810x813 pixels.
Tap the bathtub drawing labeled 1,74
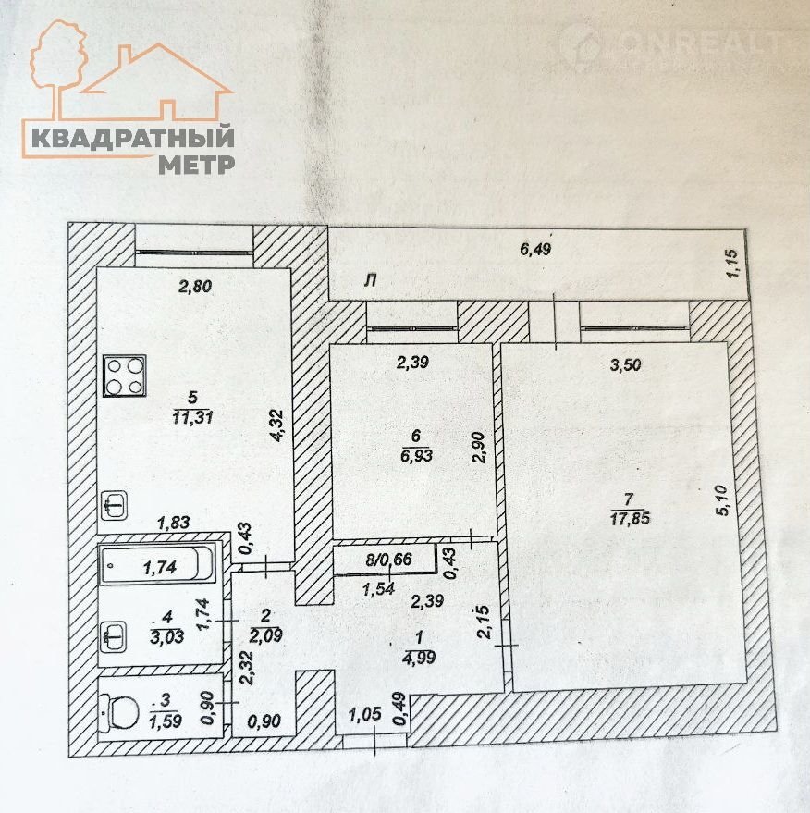click(158, 562)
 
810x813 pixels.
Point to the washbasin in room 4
click(114, 636)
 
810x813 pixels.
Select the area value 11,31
click(194, 416)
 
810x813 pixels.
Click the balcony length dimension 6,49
click(536, 248)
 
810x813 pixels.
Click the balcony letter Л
click(370, 280)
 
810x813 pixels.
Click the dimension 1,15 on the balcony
click(733, 265)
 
